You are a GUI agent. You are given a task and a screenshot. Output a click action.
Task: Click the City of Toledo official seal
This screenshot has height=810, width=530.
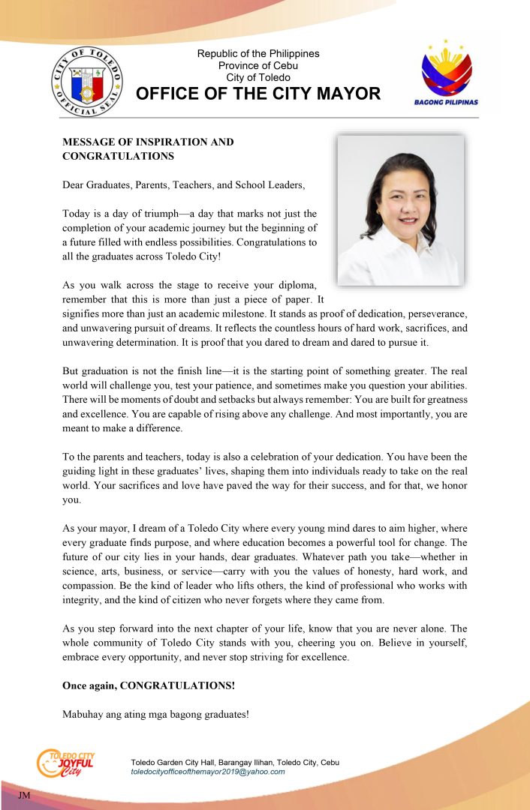[87, 81]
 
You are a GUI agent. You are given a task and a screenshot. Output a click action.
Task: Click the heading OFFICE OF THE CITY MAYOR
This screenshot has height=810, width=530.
[257, 94]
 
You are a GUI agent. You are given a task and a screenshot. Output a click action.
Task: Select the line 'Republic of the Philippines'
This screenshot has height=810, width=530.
[257, 54]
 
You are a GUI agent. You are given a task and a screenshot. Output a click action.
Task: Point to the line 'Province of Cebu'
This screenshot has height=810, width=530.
[257, 66]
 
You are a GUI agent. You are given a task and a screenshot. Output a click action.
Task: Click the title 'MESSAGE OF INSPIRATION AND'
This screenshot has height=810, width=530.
[148, 142]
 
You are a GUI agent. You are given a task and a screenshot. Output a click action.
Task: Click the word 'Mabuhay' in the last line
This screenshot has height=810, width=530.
[83, 714]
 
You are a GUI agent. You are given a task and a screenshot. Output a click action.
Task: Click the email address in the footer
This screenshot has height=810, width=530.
[208, 772]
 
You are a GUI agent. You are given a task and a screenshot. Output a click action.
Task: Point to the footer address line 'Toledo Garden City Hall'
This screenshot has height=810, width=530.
[235, 762]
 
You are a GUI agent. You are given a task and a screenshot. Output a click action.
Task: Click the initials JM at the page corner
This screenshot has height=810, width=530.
[23, 793]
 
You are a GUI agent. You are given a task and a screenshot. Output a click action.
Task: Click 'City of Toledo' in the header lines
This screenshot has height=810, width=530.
[257, 78]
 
